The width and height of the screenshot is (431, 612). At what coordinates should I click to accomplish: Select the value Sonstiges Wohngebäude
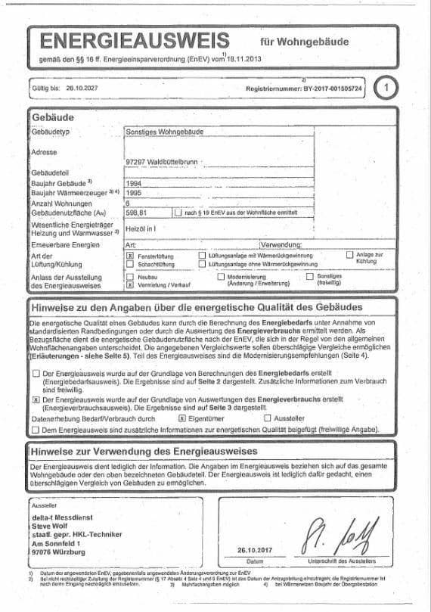point(164,132)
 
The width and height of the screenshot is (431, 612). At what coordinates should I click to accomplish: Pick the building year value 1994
point(134,184)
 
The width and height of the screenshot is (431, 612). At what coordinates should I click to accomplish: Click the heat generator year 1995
point(134,193)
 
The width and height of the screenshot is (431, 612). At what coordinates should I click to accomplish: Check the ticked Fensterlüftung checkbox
point(129,257)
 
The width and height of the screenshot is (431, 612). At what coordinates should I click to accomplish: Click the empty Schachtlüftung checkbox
point(129,265)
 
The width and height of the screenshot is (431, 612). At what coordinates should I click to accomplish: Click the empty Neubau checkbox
point(129,277)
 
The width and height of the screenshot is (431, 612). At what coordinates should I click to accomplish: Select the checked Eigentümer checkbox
point(181,418)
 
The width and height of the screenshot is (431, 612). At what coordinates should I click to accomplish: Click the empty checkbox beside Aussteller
point(267,418)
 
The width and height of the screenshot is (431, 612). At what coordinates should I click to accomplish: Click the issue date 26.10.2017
point(253,551)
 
